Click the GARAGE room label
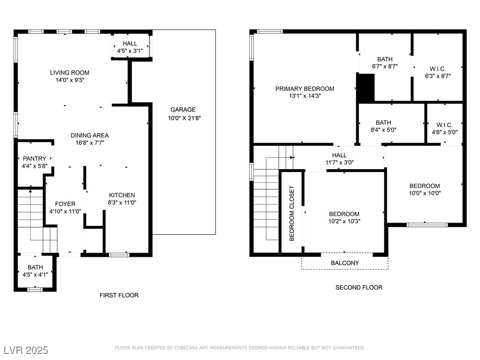pyautogui.click(x=183, y=110)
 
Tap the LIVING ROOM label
pyautogui.click(x=70, y=73)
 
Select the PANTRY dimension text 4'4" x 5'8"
pyautogui.click(x=35, y=166)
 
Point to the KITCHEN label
pyautogui.click(x=122, y=195)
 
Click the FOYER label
pyautogui.click(x=65, y=204)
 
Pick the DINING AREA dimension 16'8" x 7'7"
pyautogui.click(x=90, y=142)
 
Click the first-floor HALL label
pyautogui.click(x=130, y=44)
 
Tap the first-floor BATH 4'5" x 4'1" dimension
pyautogui.click(x=35, y=275)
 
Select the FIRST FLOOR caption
pyautogui.click(x=119, y=295)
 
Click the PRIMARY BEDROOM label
pyautogui.click(x=305, y=89)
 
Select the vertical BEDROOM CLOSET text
pyautogui.click(x=292, y=213)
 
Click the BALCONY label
pyautogui.click(x=345, y=263)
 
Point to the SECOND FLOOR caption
pyautogui.click(x=359, y=287)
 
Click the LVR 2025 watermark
pyautogui.click(x=26, y=350)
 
